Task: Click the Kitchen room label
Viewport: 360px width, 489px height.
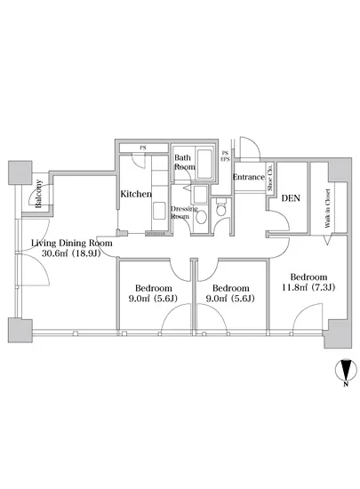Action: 136,194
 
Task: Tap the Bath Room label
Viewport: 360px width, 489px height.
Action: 185,162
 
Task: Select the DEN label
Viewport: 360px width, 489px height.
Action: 291,198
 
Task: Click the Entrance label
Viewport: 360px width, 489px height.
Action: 249,177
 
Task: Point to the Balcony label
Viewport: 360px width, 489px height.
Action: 38,194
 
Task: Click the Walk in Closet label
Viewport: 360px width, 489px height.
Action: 328,208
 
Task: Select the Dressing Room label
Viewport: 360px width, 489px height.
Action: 184,212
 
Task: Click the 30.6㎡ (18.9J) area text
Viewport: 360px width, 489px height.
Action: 71,253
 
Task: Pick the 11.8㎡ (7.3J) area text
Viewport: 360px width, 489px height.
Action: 308,287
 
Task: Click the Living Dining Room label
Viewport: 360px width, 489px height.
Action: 72,243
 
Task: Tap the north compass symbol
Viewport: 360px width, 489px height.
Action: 346,370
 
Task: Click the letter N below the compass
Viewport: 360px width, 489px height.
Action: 346,384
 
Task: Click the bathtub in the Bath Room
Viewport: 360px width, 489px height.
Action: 204,164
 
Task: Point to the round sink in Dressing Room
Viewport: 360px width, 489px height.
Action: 201,217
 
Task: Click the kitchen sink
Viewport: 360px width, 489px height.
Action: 159,211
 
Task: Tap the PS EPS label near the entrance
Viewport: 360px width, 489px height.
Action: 225,156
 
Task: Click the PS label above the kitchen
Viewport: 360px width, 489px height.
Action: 143,148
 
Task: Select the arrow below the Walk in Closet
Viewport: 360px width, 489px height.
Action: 327,240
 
